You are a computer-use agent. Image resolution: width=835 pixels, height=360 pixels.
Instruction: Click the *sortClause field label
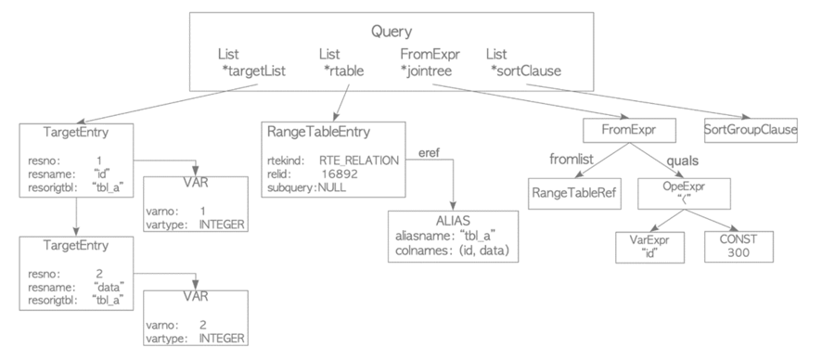(x=526, y=71)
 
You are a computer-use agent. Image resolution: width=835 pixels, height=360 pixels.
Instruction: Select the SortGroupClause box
(x=751, y=129)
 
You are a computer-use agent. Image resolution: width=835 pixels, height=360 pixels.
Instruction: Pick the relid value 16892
(x=340, y=173)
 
